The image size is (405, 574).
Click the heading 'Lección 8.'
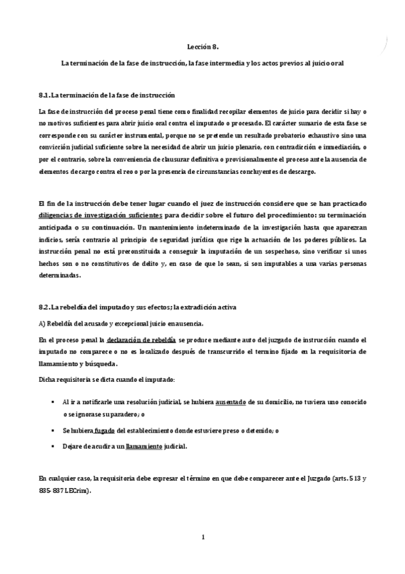tap(202, 47)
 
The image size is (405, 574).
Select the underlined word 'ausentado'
tap(230, 401)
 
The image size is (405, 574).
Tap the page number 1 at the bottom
tap(202, 537)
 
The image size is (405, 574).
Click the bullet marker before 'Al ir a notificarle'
tap(52, 401)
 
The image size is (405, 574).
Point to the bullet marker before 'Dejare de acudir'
tap(52, 446)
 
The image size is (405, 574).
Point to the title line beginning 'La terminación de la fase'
tap(202, 63)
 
